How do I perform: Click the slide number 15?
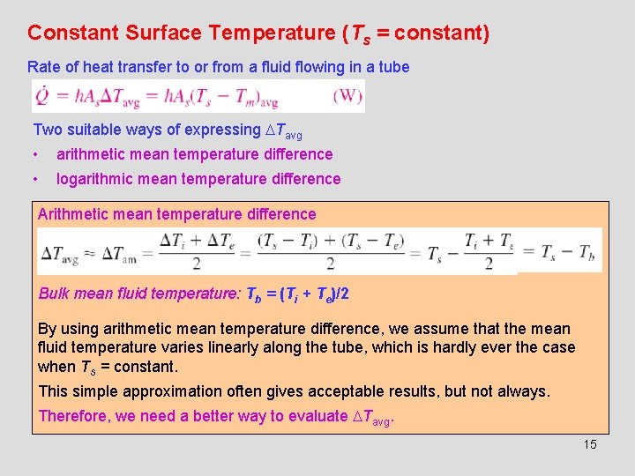pos(590,444)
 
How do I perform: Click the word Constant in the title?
pos(73,33)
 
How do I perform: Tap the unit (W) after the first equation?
pos(347,96)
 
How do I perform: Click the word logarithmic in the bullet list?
pos(99,179)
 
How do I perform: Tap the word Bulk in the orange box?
pos(55,294)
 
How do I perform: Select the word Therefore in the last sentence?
pos(73,416)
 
